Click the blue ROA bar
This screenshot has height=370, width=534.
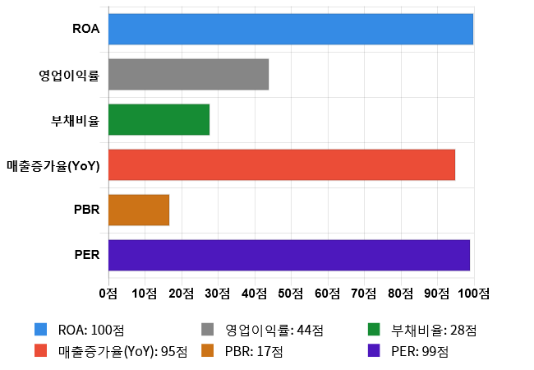point(291,29)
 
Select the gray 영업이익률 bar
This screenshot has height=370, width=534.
point(188,74)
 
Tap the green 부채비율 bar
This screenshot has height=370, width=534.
point(159,119)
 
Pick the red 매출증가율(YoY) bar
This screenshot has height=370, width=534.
point(282,164)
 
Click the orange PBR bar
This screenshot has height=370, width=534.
point(139,210)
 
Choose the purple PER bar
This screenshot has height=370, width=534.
point(289,255)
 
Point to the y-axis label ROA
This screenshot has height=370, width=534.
point(85,29)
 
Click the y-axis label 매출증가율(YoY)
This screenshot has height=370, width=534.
point(53,165)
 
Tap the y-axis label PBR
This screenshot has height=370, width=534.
point(86,210)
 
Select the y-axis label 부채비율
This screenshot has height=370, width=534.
point(75,120)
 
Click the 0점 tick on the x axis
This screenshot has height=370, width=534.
point(108,294)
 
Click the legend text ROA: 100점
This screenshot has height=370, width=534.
point(91,331)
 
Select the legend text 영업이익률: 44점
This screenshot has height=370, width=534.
point(274,331)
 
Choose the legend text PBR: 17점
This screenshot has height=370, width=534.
point(254,351)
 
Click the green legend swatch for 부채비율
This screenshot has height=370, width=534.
point(374,331)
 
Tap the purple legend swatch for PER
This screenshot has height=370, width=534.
point(374,351)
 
